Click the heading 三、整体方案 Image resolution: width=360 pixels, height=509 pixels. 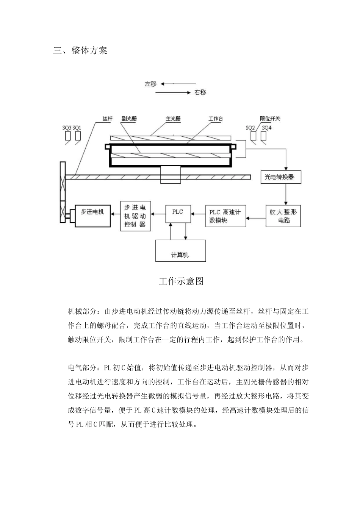80,51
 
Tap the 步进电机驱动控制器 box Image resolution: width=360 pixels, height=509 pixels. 135,216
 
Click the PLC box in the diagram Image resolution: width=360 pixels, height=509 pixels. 178,213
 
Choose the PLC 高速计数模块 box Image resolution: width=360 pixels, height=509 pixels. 225,216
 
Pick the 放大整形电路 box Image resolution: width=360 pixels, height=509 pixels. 283,216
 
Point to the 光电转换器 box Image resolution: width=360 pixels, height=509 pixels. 281,177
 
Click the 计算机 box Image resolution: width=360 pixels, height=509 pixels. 180,251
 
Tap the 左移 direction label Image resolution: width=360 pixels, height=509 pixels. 150,84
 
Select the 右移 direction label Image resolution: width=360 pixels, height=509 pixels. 200,92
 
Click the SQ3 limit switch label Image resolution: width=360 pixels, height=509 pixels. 67,128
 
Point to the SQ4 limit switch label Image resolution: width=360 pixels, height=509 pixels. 267,128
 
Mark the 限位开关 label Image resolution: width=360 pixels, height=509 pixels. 270,119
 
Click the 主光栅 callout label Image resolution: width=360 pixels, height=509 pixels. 173,119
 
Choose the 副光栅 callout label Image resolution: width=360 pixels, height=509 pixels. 129,119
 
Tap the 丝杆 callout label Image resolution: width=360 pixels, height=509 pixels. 107,119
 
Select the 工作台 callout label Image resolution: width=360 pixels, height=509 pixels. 216,119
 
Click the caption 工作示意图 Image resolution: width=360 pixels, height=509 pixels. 181,281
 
